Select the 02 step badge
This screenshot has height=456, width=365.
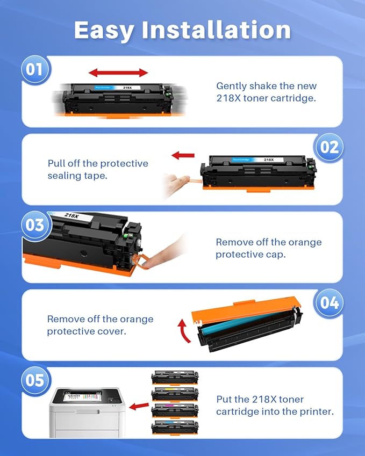(328, 147)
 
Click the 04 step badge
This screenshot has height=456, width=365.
(328, 302)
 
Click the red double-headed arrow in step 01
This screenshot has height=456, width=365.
(118, 73)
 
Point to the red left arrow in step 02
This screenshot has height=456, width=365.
(183, 156)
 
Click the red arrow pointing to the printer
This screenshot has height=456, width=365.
(139, 406)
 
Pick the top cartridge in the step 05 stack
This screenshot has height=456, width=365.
(175, 378)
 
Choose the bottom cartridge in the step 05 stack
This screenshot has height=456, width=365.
(175, 428)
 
